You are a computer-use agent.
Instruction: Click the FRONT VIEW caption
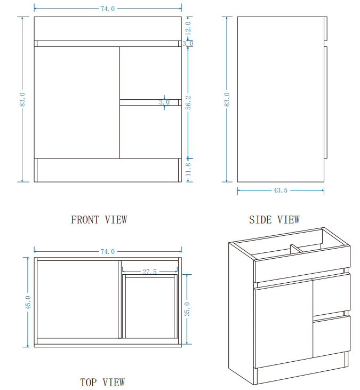pyautogui.click(x=99, y=220)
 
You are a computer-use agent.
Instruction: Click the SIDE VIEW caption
pyautogui.click(x=275, y=220)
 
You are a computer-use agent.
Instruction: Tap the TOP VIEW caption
pyautogui.click(x=102, y=383)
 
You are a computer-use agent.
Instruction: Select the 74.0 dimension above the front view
pyautogui.click(x=108, y=9)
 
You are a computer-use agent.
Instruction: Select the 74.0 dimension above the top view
pyautogui.click(x=108, y=251)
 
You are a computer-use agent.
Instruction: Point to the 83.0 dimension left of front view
pyautogui.click(x=22, y=99)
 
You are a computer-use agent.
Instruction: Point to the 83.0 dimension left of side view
pyautogui.click(x=227, y=99)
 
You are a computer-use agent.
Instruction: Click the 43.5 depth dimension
pyautogui.click(x=281, y=190)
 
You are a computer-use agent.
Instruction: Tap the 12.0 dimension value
pyautogui.click(x=188, y=28)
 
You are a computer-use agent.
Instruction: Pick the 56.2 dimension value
pyautogui.click(x=188, y=102)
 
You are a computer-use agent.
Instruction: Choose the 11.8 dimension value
pyautogui.click(x=188, y=170)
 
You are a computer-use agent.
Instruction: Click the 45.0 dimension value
pyautogui.click(x=28, y=303)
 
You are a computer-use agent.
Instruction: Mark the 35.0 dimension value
pyautogui.click(x=187, y=309)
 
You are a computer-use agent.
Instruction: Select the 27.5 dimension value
pyautogui.click(x=150, y=272)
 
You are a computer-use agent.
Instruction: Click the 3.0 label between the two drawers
pyautogui.click(x=164, y=102)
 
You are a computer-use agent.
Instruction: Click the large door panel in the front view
pyautogui.click(x=77, y=102)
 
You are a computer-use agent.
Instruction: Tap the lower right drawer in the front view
pyautogui.click(x=150, y=132)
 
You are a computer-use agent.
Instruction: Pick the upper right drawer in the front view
pyautogui.click(x=150, y=73)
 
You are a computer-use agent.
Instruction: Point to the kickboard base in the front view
pyautogui.click(x=108, y=170)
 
